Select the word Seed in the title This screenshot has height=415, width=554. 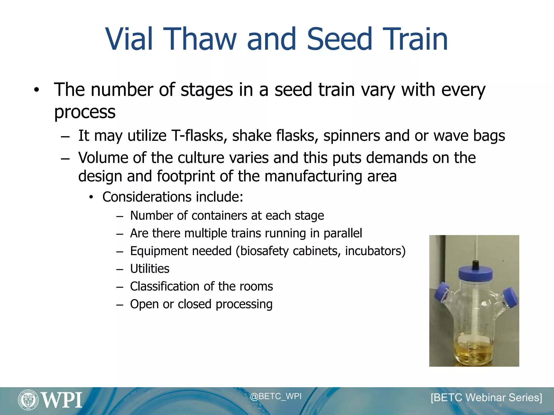pyautogui.click(x=339, y=39)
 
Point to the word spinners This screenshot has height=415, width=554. pyautogui.click(x=352, y=136)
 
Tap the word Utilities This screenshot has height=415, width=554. pyautogui.click(x=150, y=269)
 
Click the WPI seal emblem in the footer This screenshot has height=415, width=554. pyautogui.click(x=28, y=400)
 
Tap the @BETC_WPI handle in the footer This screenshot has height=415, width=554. pyautogui.click(x=275, y=396)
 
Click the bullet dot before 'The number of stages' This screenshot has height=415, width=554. pyautogui.click(x=37, y=90)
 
